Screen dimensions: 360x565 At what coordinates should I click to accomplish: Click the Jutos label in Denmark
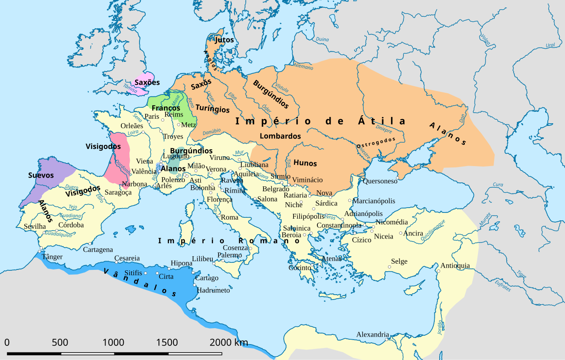tap(224, 40)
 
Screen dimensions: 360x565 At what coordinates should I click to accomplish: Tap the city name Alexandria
tap(373, 334)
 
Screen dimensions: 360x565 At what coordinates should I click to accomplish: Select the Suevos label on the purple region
tap(41, 175)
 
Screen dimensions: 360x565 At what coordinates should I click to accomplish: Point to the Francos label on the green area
tap(166, 108)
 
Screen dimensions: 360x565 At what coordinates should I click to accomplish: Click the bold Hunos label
tap(305, 163)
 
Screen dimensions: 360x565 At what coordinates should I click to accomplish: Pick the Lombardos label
tap(280, 136)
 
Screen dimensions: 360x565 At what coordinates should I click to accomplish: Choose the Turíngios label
tap(212, 109)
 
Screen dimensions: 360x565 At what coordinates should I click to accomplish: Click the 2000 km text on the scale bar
tap(229, 342)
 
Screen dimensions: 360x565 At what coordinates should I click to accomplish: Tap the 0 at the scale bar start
tap(7, 342)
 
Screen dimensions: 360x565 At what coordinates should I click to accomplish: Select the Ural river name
tap(550, 45)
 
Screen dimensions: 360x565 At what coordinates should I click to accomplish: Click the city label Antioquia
tap(455, 265)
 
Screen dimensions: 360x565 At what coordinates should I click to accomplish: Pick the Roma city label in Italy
tap(230, 217)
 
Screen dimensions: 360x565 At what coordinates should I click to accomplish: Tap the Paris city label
tap(152, 116)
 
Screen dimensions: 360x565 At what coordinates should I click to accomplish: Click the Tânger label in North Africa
tap(52, 257)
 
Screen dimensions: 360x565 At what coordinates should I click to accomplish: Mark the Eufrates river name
tap(502, 285)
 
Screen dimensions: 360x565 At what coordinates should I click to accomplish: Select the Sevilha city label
tap(35, 226)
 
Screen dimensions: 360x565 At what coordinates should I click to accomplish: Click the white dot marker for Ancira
tap(401, 233)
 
